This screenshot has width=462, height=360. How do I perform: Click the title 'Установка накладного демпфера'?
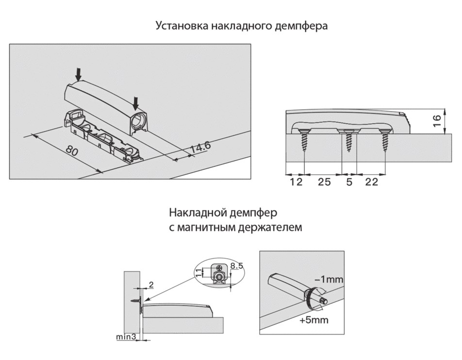241,26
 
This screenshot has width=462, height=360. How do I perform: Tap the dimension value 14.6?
200,147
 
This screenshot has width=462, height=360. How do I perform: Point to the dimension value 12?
295,182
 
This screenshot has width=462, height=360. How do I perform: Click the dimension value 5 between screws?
349,182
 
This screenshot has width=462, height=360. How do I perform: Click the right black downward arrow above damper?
136,102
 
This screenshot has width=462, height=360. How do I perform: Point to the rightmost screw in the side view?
386,139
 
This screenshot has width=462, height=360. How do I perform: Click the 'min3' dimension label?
126,336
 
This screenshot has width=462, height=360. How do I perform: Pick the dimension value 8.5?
237,265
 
